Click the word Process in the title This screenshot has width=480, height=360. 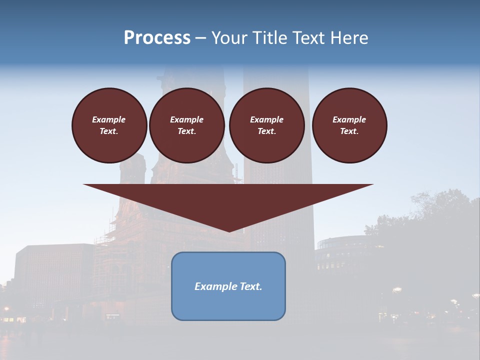click(157, 37)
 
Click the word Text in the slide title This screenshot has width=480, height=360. click(311, 38)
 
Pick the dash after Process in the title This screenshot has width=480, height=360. click(200, 38)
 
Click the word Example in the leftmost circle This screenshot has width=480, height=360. click(109, 119)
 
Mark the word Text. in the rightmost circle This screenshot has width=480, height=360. click(349, 131)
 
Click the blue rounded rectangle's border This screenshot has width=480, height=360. click(172, 286)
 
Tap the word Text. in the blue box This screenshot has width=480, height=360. click(251, 286)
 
